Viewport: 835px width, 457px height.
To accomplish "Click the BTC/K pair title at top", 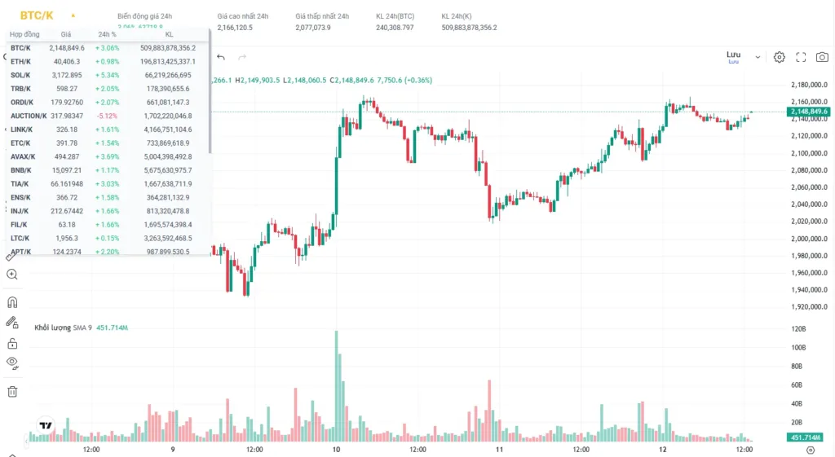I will [37, 15].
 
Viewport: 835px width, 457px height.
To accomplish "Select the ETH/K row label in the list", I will [21, 61].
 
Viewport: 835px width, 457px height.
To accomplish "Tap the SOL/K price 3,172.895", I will [66, 75].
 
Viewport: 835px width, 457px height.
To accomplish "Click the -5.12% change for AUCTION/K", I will [108, 116].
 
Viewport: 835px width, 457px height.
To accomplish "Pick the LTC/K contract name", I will [21, 238].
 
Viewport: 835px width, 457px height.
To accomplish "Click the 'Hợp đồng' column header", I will [24, 34].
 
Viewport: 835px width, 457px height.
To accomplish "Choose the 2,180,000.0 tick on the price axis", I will [809, 85].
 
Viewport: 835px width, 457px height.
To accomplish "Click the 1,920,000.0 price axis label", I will [809, 307].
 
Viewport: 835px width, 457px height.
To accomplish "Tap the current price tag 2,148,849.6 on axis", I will [809, 111].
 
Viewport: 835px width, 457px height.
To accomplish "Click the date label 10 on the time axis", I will [336, 449].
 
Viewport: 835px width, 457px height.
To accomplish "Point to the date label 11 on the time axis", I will [499, 449].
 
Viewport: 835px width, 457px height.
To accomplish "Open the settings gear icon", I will [780, 57].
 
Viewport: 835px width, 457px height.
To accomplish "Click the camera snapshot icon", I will [822, 57].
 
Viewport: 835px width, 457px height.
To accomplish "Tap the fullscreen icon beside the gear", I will [801, 57].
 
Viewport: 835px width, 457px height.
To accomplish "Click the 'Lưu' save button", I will [733, 55].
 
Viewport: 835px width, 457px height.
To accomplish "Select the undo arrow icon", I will [221, 57].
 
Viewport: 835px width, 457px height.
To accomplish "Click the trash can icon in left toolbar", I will [12, 391].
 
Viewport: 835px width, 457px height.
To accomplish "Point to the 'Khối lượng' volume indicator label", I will [52, 327].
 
